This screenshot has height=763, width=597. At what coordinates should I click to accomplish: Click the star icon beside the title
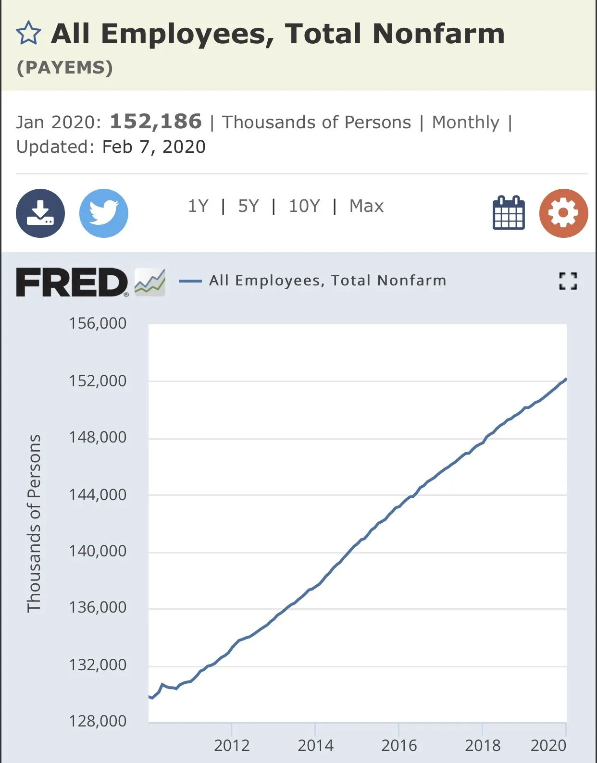tap(28, 34)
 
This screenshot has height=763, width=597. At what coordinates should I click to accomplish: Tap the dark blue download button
tap(40, 213)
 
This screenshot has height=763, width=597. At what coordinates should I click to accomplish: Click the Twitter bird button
tap(104, 213)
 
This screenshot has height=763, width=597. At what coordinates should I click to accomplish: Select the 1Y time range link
tap(198, 206)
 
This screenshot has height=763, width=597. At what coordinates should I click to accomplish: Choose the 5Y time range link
tap(248, 206)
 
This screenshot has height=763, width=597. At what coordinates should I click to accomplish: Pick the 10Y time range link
tap(304, 206)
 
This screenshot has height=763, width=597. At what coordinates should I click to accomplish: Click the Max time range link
tap(366, 206)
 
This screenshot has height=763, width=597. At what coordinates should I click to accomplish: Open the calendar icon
tap(509, 213)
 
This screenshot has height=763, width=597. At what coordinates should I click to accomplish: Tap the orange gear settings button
tap(563, 213)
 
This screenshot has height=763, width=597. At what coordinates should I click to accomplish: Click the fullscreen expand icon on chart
tap(568, 281)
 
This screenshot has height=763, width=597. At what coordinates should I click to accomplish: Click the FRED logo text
tap(72, 283)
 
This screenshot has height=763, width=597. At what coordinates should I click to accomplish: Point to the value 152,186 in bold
tap(156, 122)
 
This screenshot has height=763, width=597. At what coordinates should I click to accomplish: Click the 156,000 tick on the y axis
tap(98, 323)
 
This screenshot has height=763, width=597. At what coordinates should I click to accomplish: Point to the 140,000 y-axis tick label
tap(98, 551)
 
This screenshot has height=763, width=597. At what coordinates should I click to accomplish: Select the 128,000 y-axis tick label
tap(98, 721)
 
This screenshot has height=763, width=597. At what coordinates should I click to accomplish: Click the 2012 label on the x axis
tap(232, 746)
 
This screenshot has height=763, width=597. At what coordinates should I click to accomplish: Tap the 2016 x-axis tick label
tap(399, 746)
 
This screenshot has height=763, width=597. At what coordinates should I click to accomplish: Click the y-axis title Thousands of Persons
tap(34, 523)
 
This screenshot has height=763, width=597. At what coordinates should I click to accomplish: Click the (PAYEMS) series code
tap(65, 68)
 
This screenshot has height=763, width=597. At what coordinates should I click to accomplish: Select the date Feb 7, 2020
tap(154, 147)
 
